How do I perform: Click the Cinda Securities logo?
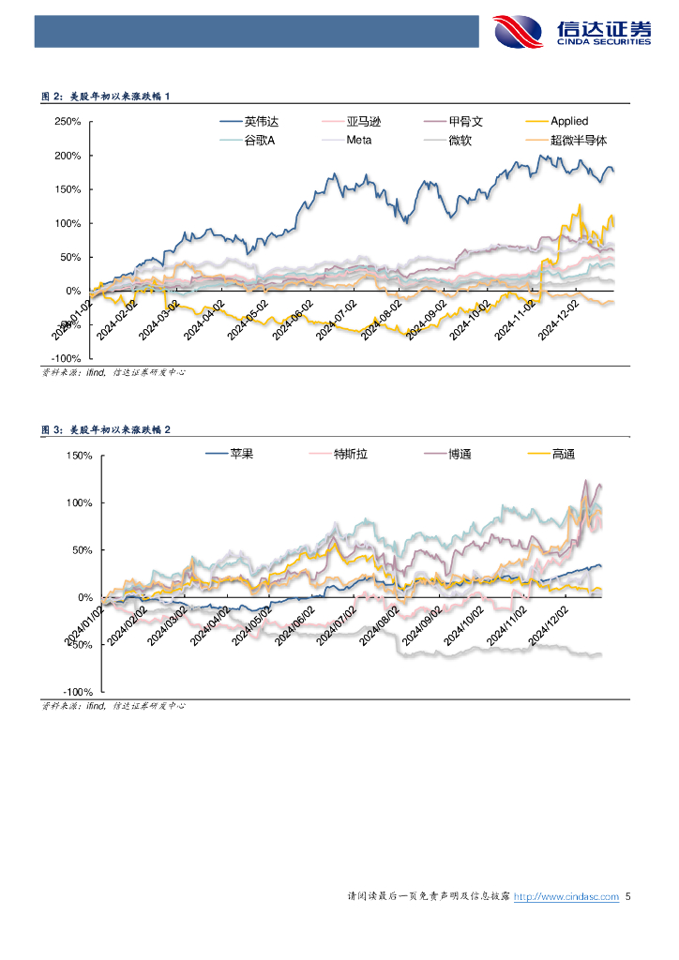tap(572, 32)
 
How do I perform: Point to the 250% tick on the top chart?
tap(68, 122)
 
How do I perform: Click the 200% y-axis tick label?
tap(68, 156)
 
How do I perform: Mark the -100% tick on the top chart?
tap(67, 358)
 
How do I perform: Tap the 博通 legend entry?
tap(460, 454)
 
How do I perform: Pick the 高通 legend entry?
tap(563, 454)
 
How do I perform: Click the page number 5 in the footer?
tap(628, 897)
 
